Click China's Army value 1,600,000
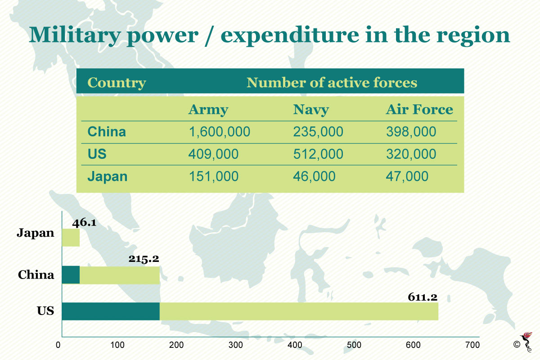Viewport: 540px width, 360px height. coord(220,132)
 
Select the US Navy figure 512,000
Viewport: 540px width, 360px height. coord(318,154)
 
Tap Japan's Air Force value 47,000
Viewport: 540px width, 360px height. coord(407,176)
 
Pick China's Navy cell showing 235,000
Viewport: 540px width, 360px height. coord(318,132)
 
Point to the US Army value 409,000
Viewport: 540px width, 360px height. coord(213,154)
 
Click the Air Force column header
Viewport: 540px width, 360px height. coord(419,110)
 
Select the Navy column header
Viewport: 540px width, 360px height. coord(311,110)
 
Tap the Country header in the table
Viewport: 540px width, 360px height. coord(117,83)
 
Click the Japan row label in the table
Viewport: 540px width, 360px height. coord(107,177)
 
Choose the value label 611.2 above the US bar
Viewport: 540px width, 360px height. coord(423,297)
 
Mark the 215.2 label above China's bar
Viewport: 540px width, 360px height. coord(144,259)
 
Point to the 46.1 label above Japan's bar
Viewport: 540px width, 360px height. coord(84,223)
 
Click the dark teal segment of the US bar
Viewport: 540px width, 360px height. coord(111,311)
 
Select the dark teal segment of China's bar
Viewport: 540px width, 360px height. coord(71,275)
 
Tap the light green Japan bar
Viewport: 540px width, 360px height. coord(71,238)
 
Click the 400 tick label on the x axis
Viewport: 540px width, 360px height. coord(295,345)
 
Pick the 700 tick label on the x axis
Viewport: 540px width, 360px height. coord(472,345)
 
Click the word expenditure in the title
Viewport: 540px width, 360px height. coord(290,36)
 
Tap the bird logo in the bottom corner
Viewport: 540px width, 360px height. coord(527,342)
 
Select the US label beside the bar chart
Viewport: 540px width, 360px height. coord(45,311)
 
